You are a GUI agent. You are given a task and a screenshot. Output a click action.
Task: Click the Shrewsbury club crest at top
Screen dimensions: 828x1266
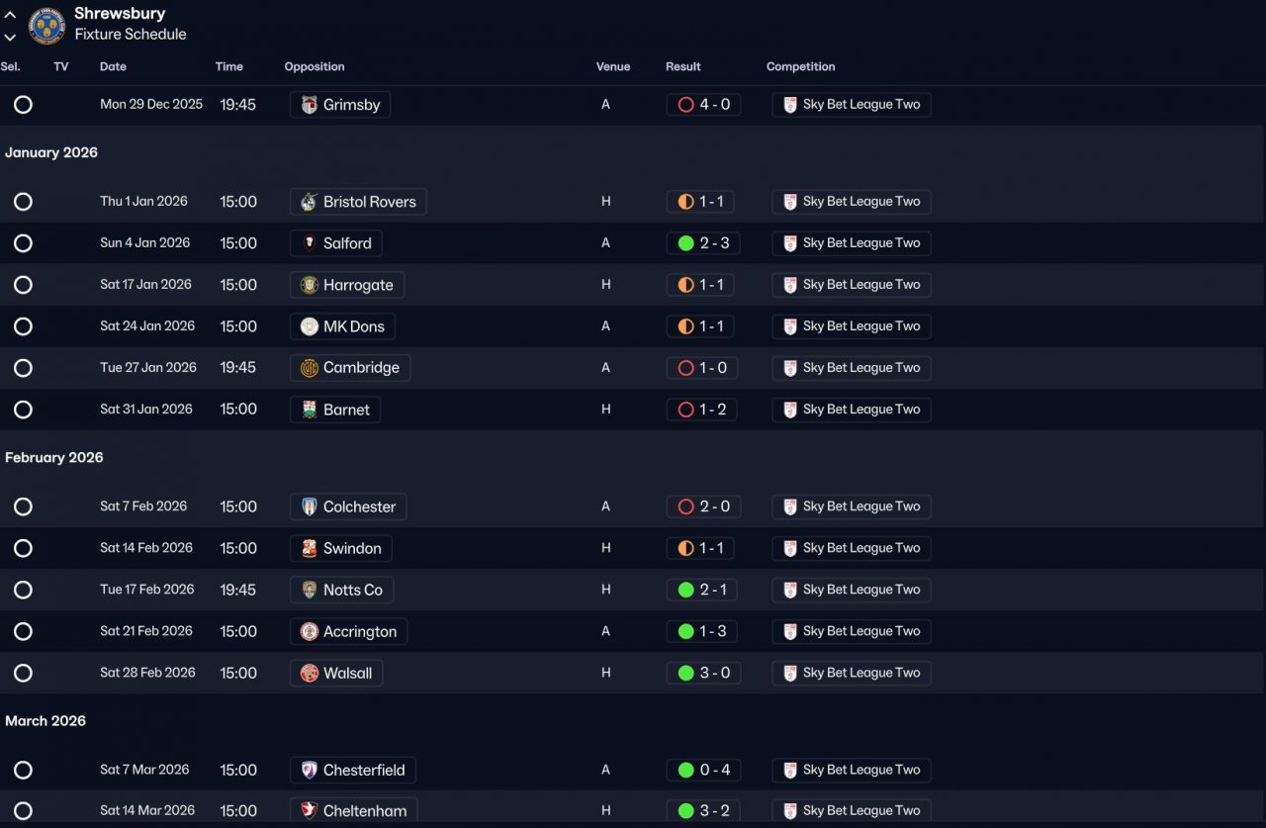[46, 25]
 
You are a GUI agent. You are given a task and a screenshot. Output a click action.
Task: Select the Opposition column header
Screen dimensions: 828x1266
[315, 67]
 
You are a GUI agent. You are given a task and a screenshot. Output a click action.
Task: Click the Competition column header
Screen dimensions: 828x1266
[800, 67]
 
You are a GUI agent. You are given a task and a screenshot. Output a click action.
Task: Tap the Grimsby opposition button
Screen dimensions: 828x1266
[340, 105]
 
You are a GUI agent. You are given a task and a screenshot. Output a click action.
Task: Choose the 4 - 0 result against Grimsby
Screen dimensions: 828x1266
[703, 105]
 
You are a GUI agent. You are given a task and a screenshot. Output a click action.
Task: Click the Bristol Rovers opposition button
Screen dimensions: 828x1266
[358, 202]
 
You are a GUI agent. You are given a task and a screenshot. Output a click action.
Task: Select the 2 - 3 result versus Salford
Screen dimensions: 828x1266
[703, 243]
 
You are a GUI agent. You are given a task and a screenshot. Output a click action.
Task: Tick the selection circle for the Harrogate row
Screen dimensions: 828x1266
[24, 285]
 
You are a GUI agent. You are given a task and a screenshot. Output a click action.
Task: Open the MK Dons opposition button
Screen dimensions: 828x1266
[342, 326]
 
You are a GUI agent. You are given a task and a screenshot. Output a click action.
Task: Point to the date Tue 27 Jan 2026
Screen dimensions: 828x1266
[148, 368]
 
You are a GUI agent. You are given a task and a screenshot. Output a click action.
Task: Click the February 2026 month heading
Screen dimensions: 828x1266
[54, 458]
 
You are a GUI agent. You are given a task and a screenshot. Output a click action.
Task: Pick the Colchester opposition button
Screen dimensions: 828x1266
[348, 506]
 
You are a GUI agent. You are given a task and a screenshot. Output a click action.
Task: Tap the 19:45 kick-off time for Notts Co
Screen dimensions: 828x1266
[237, 590]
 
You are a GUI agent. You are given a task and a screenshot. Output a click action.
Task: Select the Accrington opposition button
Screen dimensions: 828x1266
[348, 631]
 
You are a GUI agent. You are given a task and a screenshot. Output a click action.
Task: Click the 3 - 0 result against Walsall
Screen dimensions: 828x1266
[703, 673]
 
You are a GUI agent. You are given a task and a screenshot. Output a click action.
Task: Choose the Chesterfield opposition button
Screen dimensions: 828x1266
[353, 770]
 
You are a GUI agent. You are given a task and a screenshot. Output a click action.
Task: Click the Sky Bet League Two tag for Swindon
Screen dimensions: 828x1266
[851, 548]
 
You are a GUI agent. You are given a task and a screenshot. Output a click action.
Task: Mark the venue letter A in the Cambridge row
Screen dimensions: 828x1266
[605, 368]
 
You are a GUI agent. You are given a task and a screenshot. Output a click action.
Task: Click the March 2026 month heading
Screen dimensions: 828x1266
[45, 721]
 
